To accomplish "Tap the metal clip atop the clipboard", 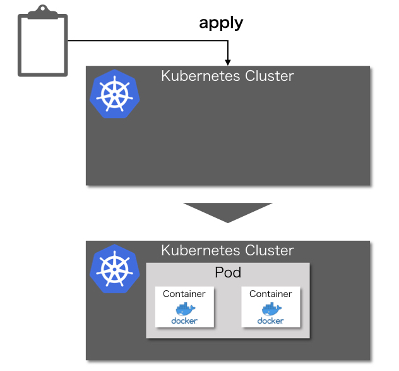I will click(42, 12).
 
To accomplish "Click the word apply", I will click(221, 23).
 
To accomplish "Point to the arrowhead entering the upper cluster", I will click(228, 62).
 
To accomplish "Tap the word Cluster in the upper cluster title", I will click(270, 76).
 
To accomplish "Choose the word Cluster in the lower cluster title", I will click(270, 250).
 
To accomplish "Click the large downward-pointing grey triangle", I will click(227, 212).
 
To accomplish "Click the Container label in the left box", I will click(184, 294).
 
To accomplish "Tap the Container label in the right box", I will click(270, 294).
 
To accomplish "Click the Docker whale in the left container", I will click(185, 308).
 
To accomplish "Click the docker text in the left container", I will click(184, 320).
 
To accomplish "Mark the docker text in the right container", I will click(270, 320).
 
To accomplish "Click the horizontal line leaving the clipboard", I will click(145, 41).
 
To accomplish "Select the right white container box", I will click(270, 307).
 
